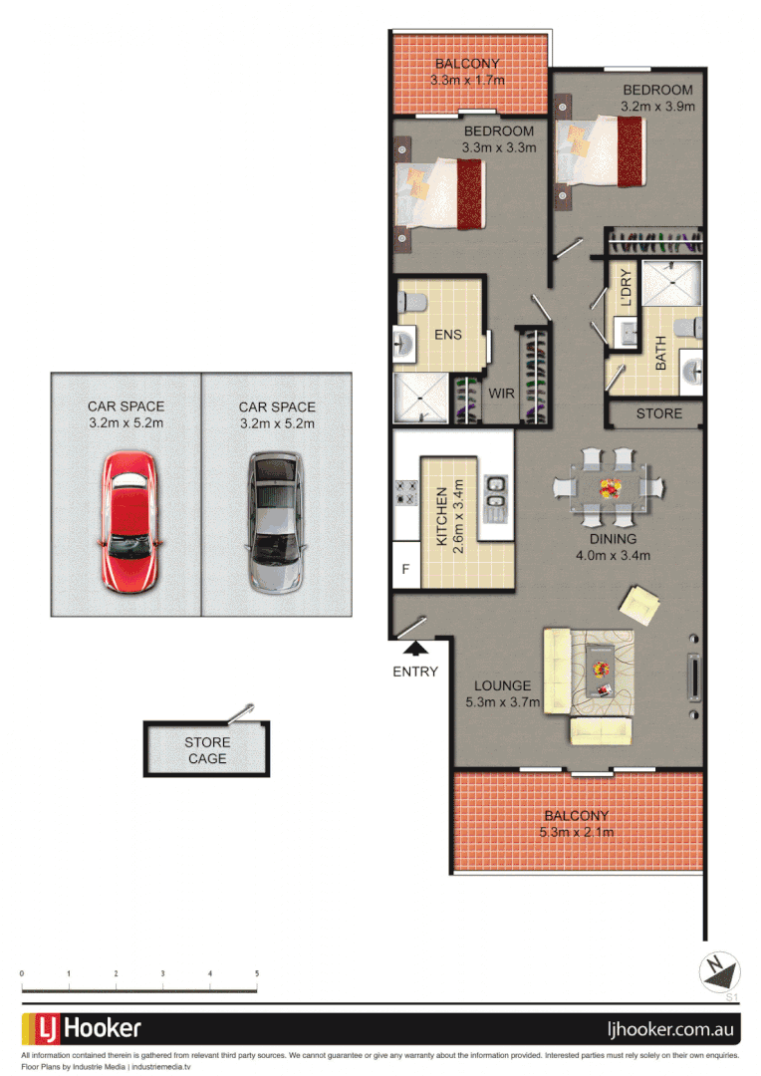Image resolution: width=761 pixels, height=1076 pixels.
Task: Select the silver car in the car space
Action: (x=275, y=520)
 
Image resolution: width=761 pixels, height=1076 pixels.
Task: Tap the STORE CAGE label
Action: (x=206, y=750)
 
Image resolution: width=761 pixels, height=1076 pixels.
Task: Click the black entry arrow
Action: (x=415, y=650)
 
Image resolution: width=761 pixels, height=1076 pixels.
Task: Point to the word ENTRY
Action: (x=415, y=672)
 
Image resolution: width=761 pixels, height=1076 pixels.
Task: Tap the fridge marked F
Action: (x=404, y=570)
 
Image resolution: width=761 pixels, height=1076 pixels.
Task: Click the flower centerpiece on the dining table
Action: (x=609, y=487)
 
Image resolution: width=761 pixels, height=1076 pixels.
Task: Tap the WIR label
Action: (x=502, y=394)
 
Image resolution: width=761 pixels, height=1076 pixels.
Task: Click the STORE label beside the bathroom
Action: (x=658, y=413)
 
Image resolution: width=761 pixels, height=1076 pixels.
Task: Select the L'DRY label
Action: (x=627, y=288)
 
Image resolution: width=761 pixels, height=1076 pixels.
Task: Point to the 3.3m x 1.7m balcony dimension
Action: (x=467, y=80)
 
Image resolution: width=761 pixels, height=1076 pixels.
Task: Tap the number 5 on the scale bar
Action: (x=257, y=973)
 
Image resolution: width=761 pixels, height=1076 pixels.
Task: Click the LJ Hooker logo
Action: (x=88, y=1028)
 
